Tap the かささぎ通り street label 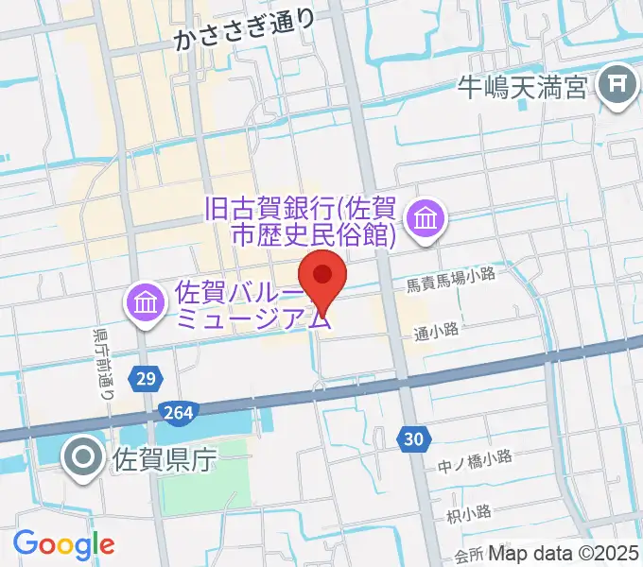click(x=245, y=38)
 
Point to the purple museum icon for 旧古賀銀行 click(x=426, y=220)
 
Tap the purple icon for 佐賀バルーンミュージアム click(x=147, y=304)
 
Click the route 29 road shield click(x=145, y=379)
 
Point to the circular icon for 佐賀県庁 click(x=82, y=459)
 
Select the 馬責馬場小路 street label click(x=451, y=273)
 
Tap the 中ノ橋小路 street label click(x=475, y=458)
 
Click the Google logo click(x=63, y=543)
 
